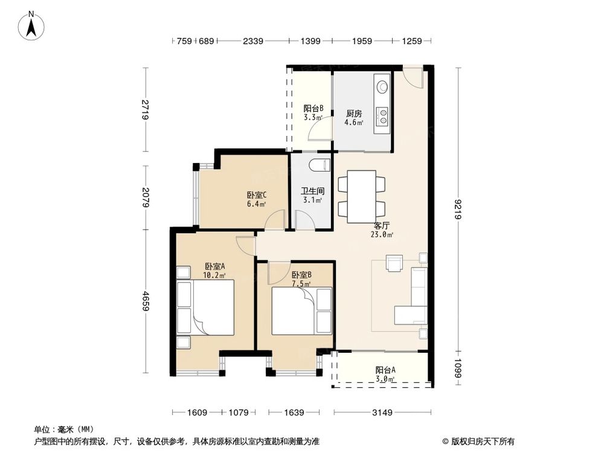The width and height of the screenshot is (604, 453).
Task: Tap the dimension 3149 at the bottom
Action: click(382, 413)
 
